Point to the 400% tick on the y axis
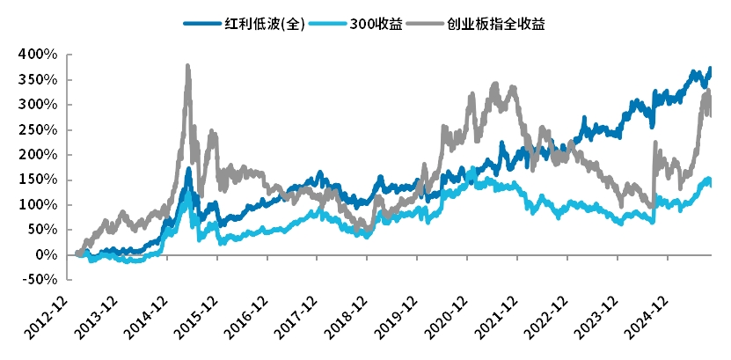(40, 55)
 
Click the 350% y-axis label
(40, 80)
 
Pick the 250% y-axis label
(40, 129)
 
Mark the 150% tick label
(40, 180)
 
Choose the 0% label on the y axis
(47, 254)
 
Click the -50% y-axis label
(40, 280)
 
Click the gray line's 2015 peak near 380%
(187, 66)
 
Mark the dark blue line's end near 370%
(710, 70)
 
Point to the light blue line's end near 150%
(710, 181)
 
